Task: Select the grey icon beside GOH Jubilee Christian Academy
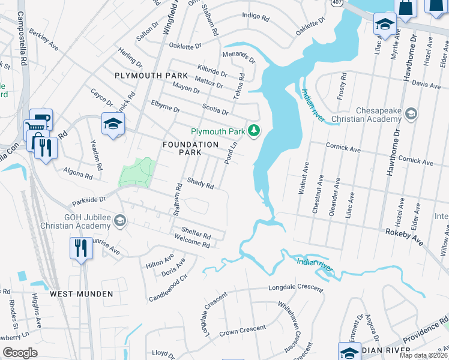(120, 221)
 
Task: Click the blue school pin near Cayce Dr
(112, 124)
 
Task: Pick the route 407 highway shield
(335, 4)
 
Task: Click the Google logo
(20, 352)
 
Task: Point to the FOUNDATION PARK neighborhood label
(191, 149)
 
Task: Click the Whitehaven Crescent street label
(288, 325)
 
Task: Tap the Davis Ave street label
(426, 86)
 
